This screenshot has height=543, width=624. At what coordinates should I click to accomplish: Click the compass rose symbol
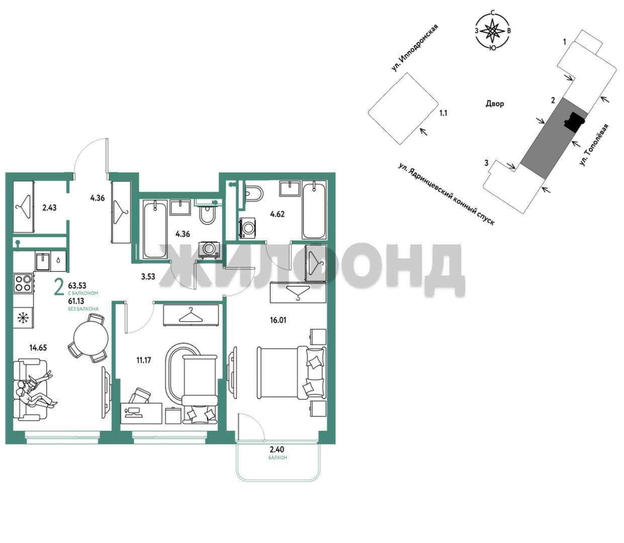click(x=492, y=31)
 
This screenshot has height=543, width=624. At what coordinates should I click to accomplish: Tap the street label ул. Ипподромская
click(x=415, y=48)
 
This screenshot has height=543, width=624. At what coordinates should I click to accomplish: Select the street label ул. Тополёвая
click(x=593, y=145)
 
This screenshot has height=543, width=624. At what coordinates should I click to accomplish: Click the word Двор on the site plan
click(x=495, y=104)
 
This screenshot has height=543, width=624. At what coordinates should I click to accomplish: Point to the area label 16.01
click(x=278, y=320)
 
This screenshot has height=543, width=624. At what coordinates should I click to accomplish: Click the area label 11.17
click(x=144, y=360)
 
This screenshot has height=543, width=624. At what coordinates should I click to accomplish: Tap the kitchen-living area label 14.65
click(x=38, y=347)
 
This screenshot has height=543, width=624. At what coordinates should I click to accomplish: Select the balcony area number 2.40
click(x=277, y=449)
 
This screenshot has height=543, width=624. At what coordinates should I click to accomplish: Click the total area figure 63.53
click(x=77, y=286)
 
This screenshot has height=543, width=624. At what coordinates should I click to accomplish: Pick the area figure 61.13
click(x=76, y=301)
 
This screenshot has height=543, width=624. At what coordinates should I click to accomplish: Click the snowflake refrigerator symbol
click(x=23, y=318)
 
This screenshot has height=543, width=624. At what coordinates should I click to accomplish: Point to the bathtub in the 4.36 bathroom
click(x=155, y=230)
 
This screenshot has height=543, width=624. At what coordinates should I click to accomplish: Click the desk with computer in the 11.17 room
click(x=141, y=413)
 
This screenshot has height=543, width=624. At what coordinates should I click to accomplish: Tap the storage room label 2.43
click(x=49, y=208)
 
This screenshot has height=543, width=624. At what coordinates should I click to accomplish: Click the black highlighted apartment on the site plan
click(x=574, y=122)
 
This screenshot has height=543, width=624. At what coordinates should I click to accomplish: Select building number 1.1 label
click(x=443, y=113)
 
